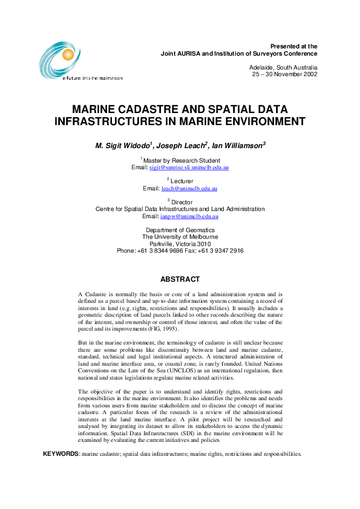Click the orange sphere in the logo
coord(64,56)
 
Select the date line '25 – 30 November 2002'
coord(284,74)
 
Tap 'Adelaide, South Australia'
coord(283,67)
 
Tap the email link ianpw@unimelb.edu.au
coord(189,216)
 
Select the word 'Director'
coord(182,202)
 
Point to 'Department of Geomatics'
coord(180,230)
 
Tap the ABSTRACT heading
coord(180,279)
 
